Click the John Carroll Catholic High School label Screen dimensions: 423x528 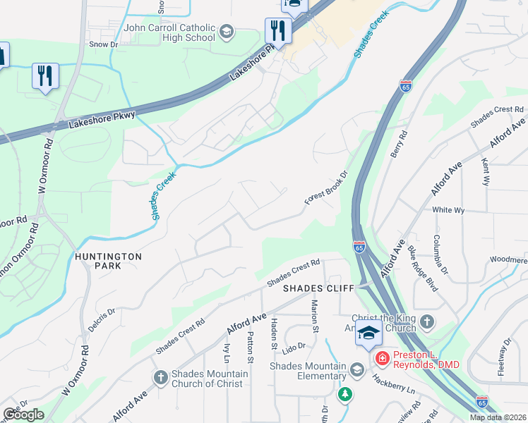click(169, 32)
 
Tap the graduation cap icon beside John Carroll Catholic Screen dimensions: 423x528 click(227, 32)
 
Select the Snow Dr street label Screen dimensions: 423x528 click(103, 44)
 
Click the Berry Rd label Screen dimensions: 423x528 click(402, 145)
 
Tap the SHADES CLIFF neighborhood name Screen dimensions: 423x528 click(313, 288)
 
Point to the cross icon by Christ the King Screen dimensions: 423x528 click(426, 323)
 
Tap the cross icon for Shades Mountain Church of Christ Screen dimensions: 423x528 click(160, 379)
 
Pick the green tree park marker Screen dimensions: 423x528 click(344, 394)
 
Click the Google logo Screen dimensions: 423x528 click(23, 415)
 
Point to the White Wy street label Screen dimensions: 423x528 click(448, 210)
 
